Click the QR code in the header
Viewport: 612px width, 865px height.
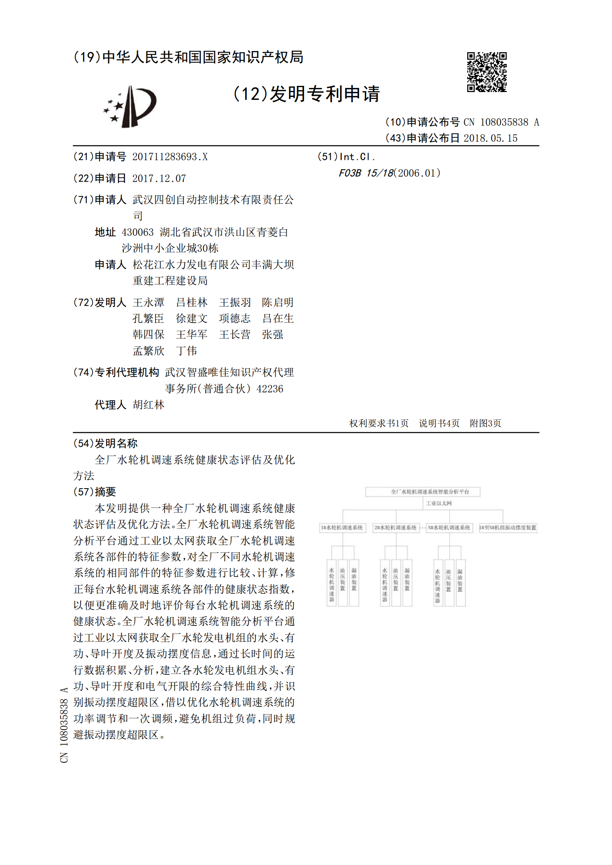coord(487,72)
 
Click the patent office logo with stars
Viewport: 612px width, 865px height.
coord(130,106)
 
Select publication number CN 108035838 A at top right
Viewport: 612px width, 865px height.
coord(501,122)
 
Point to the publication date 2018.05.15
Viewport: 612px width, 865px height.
coord(490,138)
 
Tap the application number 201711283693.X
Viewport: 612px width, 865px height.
coord(170,157)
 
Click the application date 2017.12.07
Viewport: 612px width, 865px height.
coord(159,179)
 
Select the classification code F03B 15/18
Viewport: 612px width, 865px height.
coord(366,173)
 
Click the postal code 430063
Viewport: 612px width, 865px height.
coord(137,233)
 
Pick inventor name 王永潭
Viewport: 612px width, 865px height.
coord(148,303)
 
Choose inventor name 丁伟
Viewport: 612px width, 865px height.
coord(186,351)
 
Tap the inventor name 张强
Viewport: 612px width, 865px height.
coord(273,335)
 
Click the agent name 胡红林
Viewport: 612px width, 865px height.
coord(148,405)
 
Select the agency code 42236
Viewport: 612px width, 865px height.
coord(270,389)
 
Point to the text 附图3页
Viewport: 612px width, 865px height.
coord(485,424)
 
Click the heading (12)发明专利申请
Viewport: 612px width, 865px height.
coord(306,94)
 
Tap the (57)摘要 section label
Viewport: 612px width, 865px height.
coord(95,492)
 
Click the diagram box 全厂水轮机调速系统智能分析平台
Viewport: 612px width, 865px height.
coord(423,492)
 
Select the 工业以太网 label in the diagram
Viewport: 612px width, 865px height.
coord(439,503)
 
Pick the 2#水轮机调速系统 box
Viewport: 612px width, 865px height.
coord(396,528)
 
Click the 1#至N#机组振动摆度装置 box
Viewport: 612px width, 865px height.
coord(508,528)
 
